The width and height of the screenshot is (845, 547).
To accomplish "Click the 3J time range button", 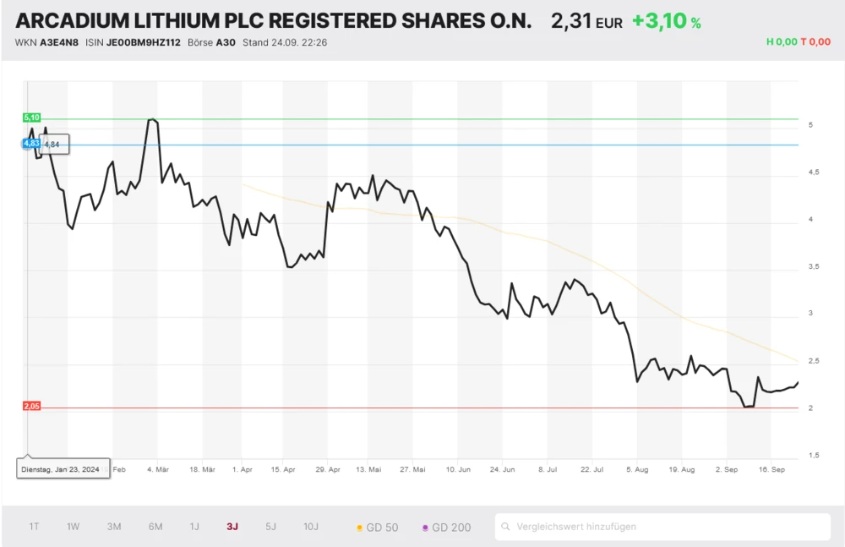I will point(232,527).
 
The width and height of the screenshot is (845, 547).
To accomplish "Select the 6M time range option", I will point(155,527).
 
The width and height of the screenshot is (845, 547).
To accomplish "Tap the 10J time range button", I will point(311,527).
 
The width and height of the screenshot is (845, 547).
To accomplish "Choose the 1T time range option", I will point(34,527).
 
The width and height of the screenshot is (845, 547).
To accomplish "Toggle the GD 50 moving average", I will point(378,528).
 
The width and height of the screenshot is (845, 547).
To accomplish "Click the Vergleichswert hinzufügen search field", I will point(662,527).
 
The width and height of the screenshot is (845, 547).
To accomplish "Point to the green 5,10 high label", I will point(32,118).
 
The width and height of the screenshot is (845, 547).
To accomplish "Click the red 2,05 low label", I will point(32,407).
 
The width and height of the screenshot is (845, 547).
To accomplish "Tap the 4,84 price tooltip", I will point(52,145).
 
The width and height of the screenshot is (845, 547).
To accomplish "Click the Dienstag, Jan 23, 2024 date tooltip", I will point(63,469).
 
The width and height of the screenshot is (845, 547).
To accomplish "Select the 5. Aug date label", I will point(637,468).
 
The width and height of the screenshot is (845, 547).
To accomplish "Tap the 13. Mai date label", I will point(368,468).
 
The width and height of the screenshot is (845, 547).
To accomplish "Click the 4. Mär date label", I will point(157,468).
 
